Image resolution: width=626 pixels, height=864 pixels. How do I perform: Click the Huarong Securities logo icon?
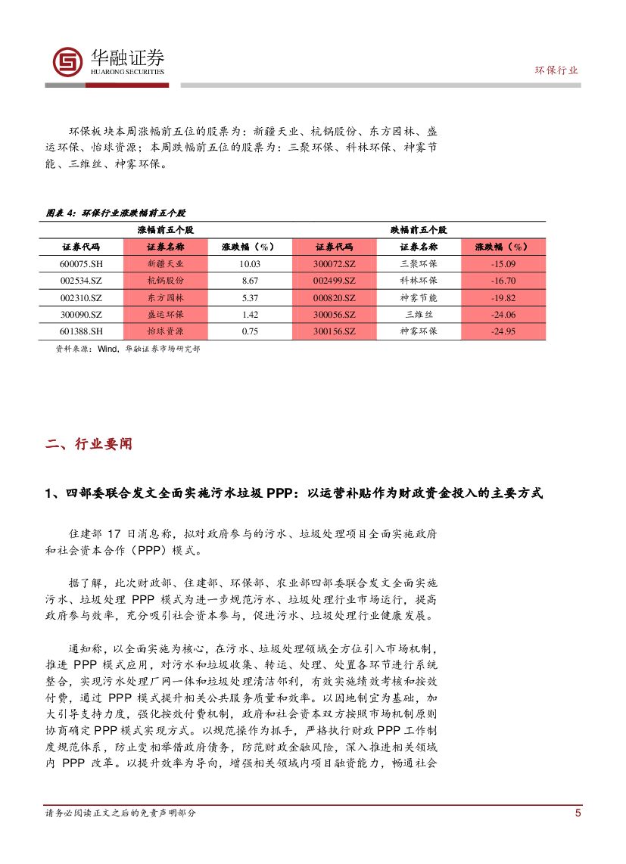67,62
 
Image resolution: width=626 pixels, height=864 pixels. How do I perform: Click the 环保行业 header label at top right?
556,70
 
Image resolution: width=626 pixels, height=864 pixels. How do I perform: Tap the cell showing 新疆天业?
165,264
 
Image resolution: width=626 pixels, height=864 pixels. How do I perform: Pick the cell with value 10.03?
250,264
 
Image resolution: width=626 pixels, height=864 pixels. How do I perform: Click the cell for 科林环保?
418,281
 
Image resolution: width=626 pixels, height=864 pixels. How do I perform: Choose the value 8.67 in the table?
250,281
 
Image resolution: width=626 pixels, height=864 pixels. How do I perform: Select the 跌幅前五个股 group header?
419,229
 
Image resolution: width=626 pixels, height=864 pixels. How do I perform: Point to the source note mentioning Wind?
128,350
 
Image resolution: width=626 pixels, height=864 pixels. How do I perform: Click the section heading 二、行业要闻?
89,445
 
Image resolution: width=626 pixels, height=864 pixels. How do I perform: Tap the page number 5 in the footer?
578,813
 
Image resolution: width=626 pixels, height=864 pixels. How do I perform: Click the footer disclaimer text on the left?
120,813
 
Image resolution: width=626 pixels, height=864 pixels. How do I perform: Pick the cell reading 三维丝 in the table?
418,314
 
